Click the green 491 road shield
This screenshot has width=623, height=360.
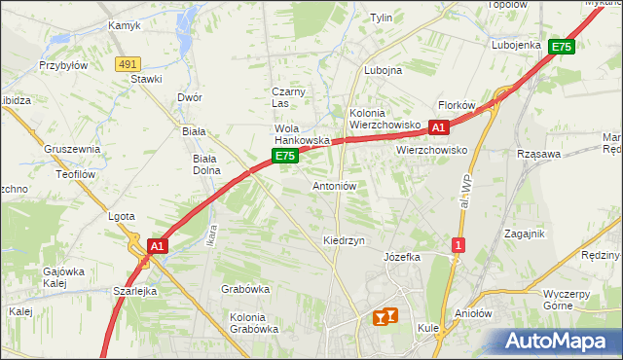pyautogui.click(x=126, y=63)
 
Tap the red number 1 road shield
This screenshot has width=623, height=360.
pyautogui.click(x=458, y=245)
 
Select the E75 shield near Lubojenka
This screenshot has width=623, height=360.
pyautogui.click(x=561, y=47)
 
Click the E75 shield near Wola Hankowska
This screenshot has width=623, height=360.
pyautogui.click(x=284, y=156)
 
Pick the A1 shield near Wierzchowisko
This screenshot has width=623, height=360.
pyautogui.click(x=439, y=126)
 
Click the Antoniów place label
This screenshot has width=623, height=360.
pyautogui.click(x=336, y=185)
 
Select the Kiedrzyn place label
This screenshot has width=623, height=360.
pyautogui.click(x=344, y=240)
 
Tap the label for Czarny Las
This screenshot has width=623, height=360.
pyautogui.click(x=288, y=97)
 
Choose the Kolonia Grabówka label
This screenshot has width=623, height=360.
pyautogui.click(x=254, y=323)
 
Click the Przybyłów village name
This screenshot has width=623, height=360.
pyautogui.click(x=63, y=65)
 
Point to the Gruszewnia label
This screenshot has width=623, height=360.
pyautogui.click(x=72, y=149)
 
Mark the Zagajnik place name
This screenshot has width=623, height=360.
pyautogui.click(x=525, y=234)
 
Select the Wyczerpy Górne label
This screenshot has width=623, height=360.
pyautogui.click(x=572, y=299)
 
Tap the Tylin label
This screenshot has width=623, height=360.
pyautogui.click(x=381, y=18)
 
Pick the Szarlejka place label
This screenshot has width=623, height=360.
pyautogui.click(x=135, y=291)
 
